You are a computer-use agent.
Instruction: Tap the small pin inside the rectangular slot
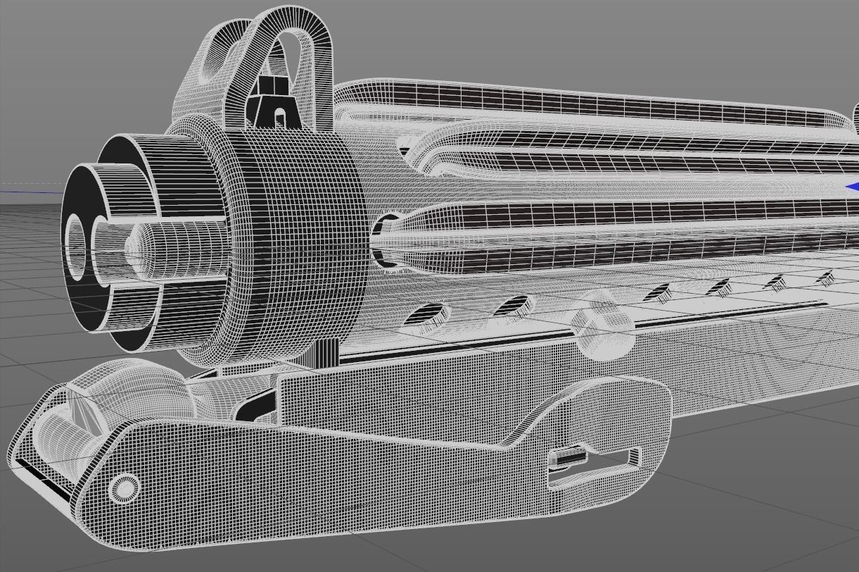point(568,459)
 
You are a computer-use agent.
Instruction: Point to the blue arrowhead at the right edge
point(852,187)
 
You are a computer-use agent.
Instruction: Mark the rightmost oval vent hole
point(825,279)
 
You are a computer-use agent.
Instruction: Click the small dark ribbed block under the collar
point(324,352)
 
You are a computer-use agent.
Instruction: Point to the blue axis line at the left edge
point(28,190)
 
